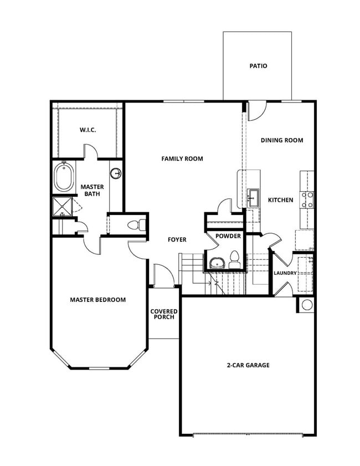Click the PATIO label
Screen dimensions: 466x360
pyautogui.click(x=258, y=66)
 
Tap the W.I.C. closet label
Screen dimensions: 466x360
pyautogui.click(x=88, y=130)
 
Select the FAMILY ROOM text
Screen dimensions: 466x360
pyautogui.click(x=182, y=158)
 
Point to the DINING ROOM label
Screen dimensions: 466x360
pyautogui.click(x=282, y=140)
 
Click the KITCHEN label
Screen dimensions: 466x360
pyautogui.click(x=280, y=199)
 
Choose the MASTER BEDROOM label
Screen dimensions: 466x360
pyautogui.click(x=97, y=300)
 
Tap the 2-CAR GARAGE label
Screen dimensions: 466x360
pyautogui.click(x=248, y=365)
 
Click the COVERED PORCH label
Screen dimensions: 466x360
pyautogui.click(x=164, y=314)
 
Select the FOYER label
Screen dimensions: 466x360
pyautogui.click(x=177, y=239)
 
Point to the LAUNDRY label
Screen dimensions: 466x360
pyautogui.click(x=285, y=273)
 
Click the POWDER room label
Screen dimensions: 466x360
pyautogui.click(x=228, y=236)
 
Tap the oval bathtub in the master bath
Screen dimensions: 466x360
pyautogui.click(x=63, y=177)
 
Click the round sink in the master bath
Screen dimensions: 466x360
pyautogui.click(x=116, y=173)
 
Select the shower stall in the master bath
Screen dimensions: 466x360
pyautogui.click(x=62, y=207)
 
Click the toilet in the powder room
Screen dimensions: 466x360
pyautogui.click(x=234, y=260)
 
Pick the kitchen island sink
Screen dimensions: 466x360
pyautogui.click(x=254, y=197)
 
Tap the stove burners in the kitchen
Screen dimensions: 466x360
pyautogui.click(x=306, y=199)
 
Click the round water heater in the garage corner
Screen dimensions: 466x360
pyautogui.click(x=306, y=304)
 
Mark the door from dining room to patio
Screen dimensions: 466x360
pyautogui.click(x=256, y=111)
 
